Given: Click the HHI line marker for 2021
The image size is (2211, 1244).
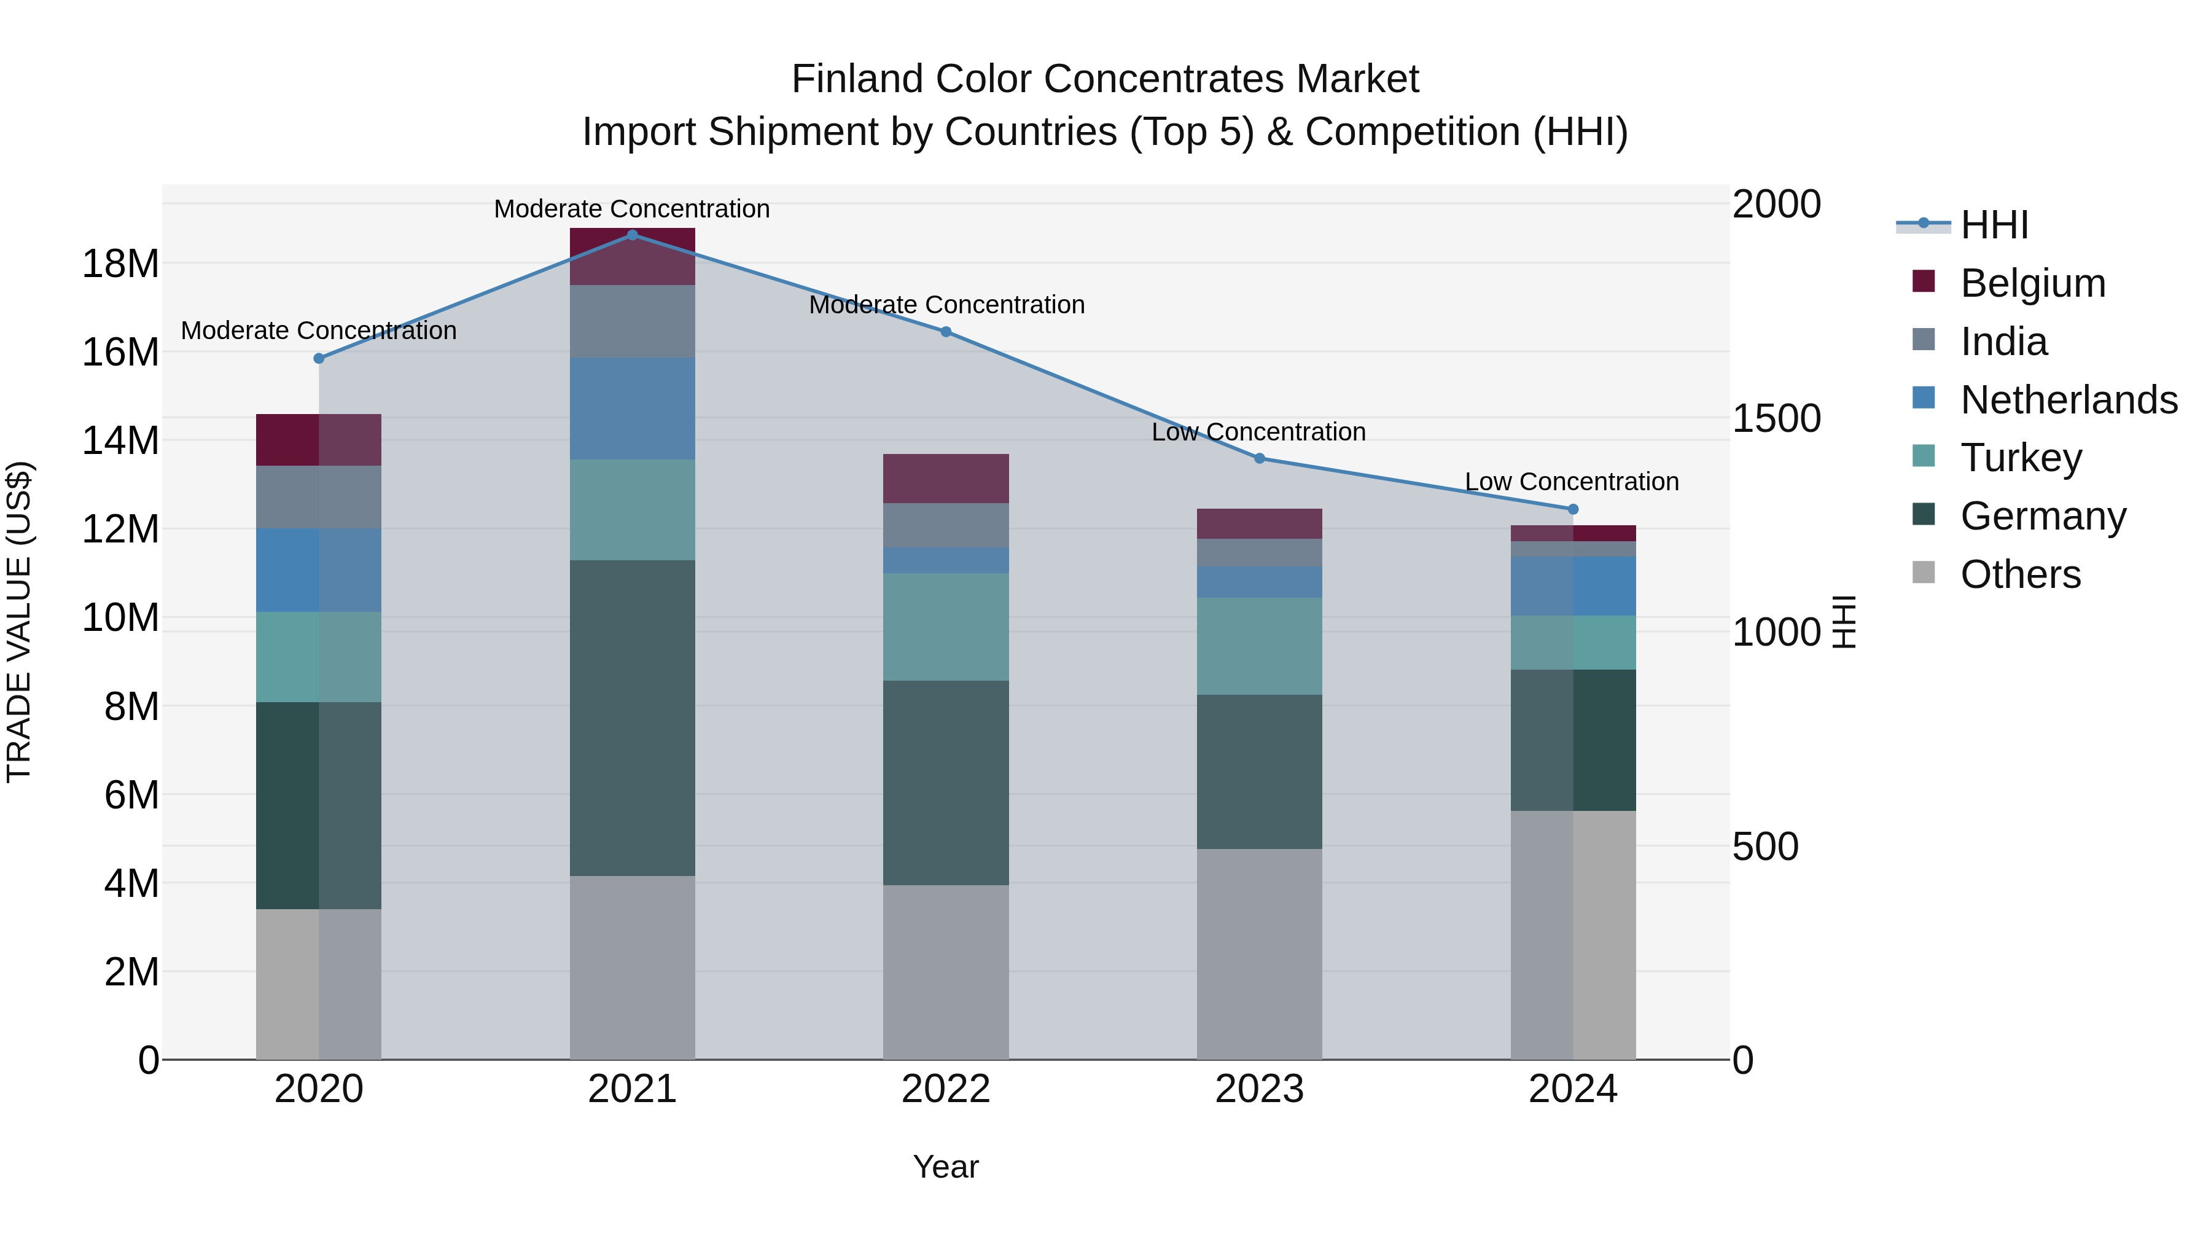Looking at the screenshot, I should (632, 235).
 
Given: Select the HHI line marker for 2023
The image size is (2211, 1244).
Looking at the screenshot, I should (1259, 458).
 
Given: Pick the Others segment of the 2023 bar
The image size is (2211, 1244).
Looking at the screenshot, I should (1259, 954).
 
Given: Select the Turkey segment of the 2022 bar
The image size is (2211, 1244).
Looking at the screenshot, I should (946, 627).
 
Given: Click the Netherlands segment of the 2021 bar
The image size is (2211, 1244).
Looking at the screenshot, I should (632, 408).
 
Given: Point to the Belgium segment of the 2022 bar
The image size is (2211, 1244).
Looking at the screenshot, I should (946, 478).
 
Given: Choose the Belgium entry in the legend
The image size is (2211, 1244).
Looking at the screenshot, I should (2032, 283).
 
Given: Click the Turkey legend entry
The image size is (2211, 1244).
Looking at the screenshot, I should (2021, 458).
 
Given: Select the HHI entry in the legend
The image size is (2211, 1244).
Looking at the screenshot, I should (1994, 225).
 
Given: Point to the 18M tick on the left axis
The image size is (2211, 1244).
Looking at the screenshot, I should (120, 264).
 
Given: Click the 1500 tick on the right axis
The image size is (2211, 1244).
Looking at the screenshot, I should (1776, 418).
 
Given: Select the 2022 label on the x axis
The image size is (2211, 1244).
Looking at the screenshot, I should (946, 1089).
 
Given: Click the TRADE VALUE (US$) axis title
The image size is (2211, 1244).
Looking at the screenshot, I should (19, 622).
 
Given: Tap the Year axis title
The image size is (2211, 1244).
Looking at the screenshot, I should (946, 1167).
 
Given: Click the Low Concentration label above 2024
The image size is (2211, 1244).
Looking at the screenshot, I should (1572, 482).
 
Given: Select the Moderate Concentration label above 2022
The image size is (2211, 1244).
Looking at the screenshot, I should (946, 305).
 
